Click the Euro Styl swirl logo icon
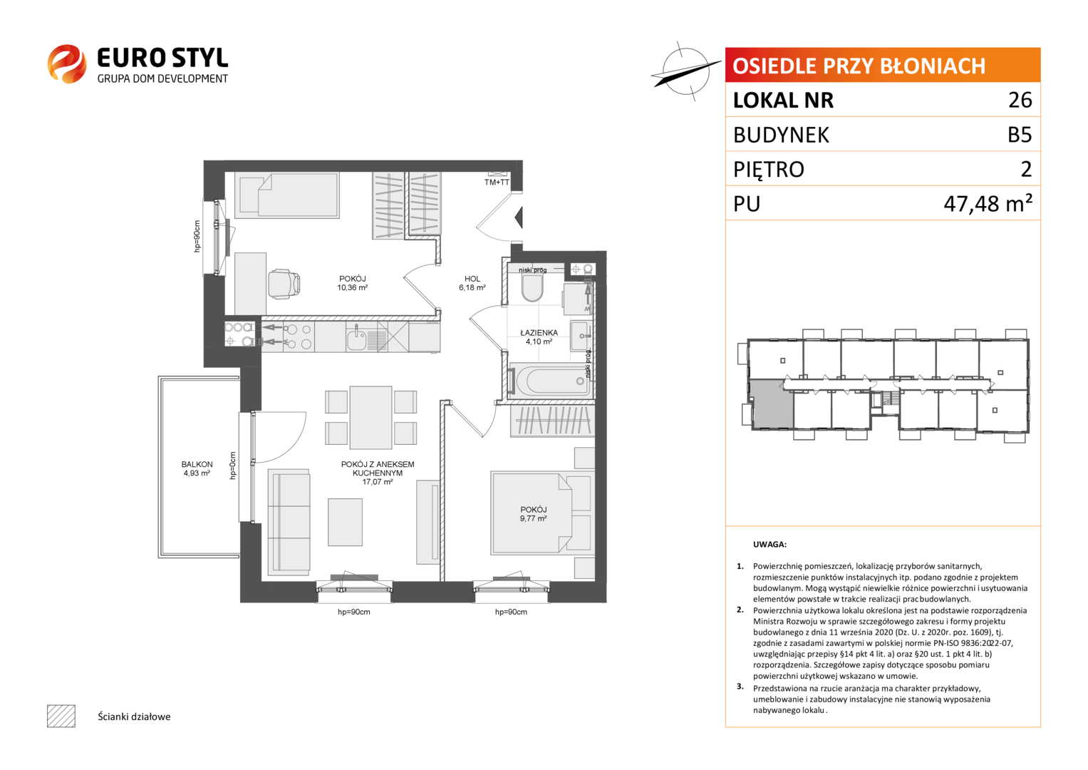[67, 63]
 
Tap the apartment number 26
[1020, 100]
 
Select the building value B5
[1020, 134]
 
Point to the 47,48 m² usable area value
[988, 202]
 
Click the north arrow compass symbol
[686, 71]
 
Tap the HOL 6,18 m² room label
[472, 283]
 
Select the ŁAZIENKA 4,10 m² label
[539, 337]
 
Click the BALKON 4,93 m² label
[197, 468]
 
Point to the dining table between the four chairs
[371, 418]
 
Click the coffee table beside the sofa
[345, 522]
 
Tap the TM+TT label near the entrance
[497, 183]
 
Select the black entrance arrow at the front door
[519, 217]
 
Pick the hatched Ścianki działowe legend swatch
[61, 716]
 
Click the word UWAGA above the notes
[770, 545]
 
